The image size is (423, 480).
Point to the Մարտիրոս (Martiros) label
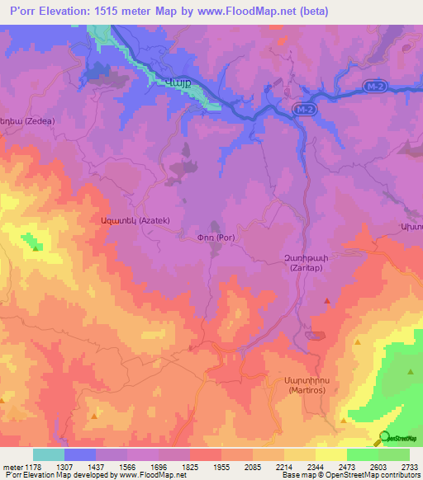click(x=294, y=384)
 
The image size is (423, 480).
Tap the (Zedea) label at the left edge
click(x=29, y=120)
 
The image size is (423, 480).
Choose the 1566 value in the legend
click(x=127, y=467)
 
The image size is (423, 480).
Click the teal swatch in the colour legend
click(x=49, y=454)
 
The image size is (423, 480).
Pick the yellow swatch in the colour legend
click(x=331, y=454)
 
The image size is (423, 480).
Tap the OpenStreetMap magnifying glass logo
click(x=384, y=439)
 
